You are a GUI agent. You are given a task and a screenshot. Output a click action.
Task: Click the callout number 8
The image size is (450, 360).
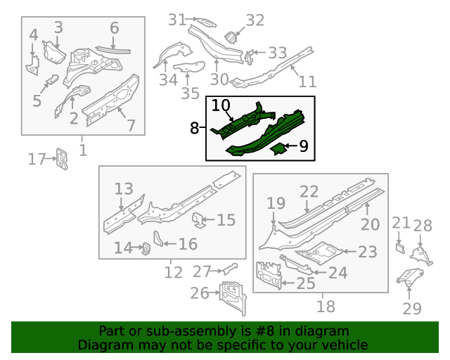click(194, 128)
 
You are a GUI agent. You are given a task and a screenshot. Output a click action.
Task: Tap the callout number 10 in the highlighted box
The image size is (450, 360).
click(221, 105)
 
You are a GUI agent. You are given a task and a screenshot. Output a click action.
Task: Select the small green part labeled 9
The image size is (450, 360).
click(278, 148)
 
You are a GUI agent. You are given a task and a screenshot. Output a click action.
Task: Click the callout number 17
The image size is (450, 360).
click(36, 160)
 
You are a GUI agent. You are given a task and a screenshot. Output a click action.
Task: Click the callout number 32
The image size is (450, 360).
click(255, 20)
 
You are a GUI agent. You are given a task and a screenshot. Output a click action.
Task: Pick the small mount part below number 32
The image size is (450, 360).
click(230, 37)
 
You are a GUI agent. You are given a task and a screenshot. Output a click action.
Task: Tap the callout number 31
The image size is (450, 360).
click(176, 20)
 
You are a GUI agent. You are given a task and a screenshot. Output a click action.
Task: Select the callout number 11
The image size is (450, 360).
click(307, 82)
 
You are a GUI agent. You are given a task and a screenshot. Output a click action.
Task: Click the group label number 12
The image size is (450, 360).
click(173, 271)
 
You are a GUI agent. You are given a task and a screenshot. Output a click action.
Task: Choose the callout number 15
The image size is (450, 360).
click(226, 221)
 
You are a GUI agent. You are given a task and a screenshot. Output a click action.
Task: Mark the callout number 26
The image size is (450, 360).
click(200, 292)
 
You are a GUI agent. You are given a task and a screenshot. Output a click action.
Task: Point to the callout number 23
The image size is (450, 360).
click(367, 252)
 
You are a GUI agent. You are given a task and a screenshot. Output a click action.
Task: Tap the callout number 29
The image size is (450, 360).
click(413, 308)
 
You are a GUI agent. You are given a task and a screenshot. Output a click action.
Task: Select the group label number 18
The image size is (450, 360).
click(326, 306)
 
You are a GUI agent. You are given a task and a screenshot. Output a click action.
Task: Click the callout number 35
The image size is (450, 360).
click(191, 94)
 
